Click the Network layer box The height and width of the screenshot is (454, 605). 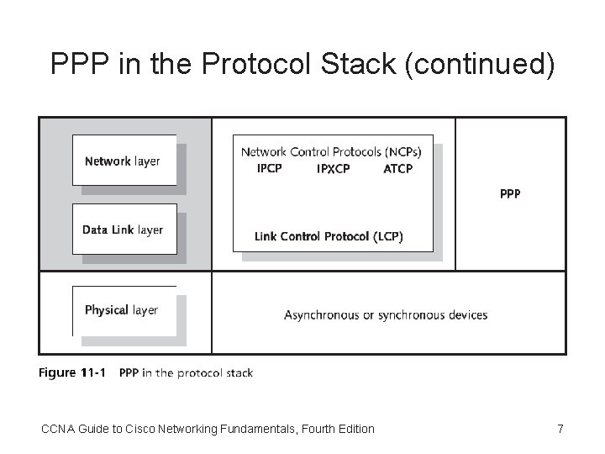(124, 161)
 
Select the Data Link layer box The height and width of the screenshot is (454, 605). (124, 230)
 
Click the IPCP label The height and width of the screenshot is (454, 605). (269, 169)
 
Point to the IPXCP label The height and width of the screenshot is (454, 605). (333, 169)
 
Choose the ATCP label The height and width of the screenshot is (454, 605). (397, 169)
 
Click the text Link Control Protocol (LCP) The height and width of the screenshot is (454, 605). (329, 237)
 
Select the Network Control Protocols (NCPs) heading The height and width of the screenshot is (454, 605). (331, 152)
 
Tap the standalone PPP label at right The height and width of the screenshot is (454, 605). (510, 193)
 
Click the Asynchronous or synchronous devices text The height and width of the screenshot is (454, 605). (386, 315)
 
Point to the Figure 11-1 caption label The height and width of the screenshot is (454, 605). (71, 372)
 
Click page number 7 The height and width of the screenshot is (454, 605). (560, 430)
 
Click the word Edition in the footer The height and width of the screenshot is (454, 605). (353, 430)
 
